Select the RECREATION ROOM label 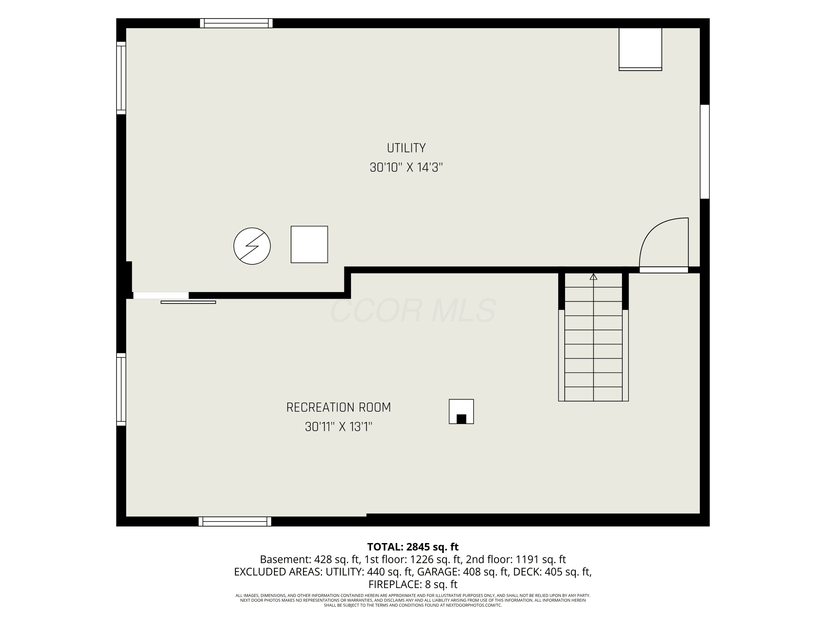(x=338, y=407)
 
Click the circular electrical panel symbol (x=252, y=246)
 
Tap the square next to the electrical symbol (x=309, y=244)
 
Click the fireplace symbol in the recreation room (x=461, y=412)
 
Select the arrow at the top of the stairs (x=593, y=277)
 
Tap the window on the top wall (x=236, y=23)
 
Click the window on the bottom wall (x=235, y=521)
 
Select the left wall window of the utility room (x=121, y=78)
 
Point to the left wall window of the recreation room (x=121, y=389)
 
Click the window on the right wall (x=705, y=152)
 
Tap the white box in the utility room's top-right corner (x=640, y=49)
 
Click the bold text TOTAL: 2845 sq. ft (x=413, y=547)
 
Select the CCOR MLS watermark (x=413, y=310)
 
